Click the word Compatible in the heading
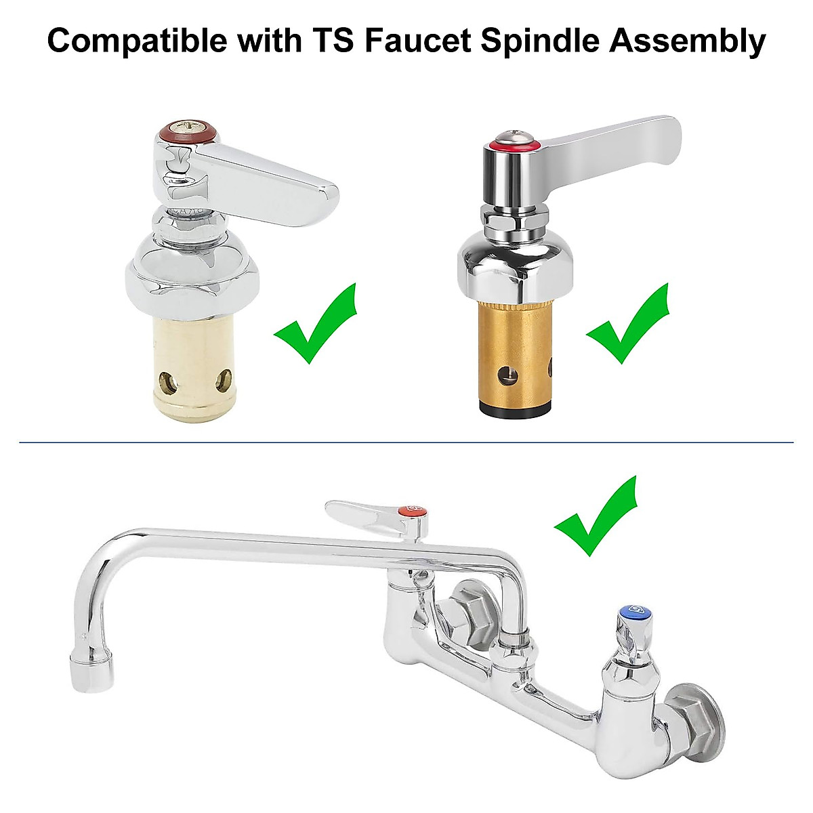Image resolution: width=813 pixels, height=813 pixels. point(136,41)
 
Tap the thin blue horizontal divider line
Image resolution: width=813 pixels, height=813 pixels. point(406,443)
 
